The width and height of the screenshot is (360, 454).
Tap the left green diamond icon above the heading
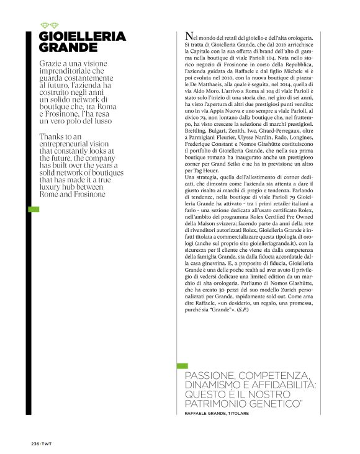tap(44, 25)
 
